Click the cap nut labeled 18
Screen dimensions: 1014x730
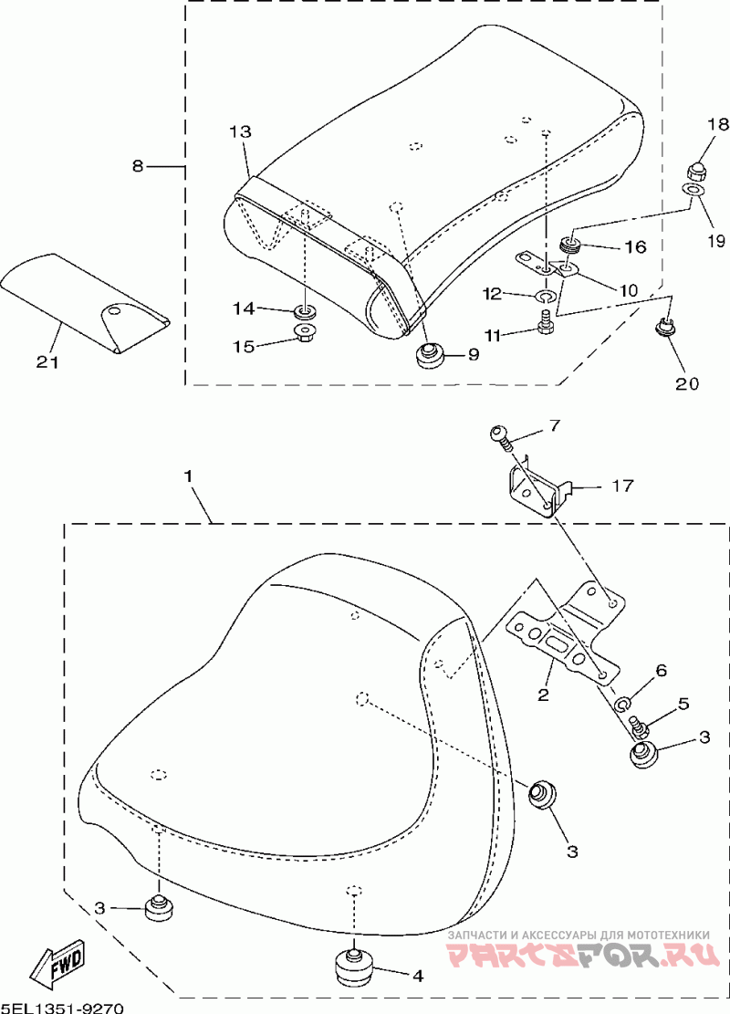[x=693, y=169]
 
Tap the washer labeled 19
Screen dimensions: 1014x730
[x=693, y=190]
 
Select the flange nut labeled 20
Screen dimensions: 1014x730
[x=665, y=325]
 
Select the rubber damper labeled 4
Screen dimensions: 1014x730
[x=353, y=967]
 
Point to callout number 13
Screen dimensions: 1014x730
[x=240, y=132]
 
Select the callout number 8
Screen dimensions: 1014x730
[x=138, y=166]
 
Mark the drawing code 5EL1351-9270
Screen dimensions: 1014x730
[x=62, y=1007]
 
